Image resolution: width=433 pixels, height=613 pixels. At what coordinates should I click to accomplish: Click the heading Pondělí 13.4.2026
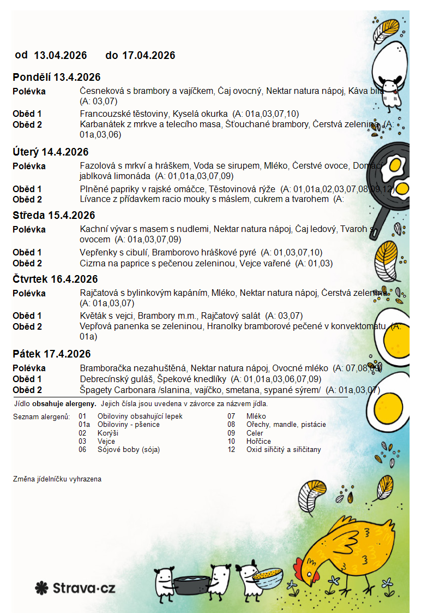[57, 78]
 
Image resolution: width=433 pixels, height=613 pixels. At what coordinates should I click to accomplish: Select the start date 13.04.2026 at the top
[61, 55]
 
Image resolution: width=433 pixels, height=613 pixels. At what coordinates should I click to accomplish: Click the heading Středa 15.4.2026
[54, 215]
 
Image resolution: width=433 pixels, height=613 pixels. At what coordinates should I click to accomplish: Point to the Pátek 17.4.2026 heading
[52, 354]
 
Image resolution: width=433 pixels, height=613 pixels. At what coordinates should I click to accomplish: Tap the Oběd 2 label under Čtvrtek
[27, 326]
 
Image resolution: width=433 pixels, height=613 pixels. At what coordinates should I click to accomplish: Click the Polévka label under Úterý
[29, 166]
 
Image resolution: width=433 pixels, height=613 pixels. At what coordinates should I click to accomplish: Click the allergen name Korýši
[108, 433]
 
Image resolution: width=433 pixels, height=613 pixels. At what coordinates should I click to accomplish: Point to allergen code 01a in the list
[84, 424]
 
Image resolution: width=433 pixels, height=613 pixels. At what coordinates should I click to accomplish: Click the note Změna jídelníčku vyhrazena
[57, 479]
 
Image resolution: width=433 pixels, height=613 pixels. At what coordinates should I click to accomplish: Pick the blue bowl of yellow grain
[268, 576]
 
